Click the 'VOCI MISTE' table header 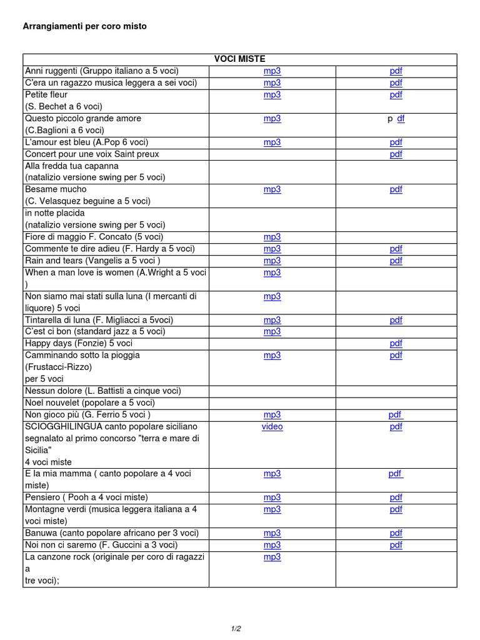[239, 59]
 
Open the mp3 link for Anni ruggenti [272, 71]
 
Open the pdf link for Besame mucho [396, 189]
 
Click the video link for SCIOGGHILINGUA [272, 427]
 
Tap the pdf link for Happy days [396, 344]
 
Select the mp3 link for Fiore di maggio [272, 237]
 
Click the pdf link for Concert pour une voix [396, 154]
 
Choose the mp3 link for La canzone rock [272, 557]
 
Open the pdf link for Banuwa [396, 534]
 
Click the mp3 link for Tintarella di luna [272, 320]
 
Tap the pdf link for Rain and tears [396, 261]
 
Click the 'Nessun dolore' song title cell [103, 391]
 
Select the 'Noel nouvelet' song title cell [89, 403]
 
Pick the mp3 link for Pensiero [272, 498]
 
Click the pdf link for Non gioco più [396, 415]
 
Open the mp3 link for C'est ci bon [272, 332]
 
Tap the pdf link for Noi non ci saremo [396, 546]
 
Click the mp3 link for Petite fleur [272, 95]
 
